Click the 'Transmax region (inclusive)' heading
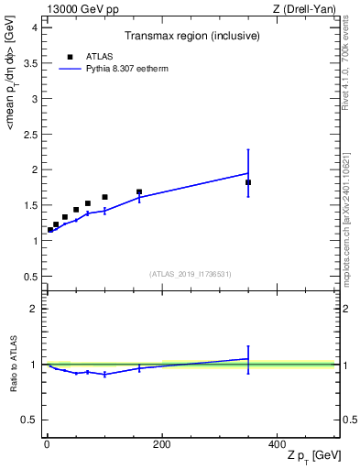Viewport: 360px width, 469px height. point(191,37)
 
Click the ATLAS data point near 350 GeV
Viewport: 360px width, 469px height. point(248,182)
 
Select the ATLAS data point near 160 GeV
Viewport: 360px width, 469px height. point(139,192)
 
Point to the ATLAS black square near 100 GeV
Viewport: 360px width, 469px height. point(104,197)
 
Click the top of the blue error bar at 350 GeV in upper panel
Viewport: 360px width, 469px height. point(248,149)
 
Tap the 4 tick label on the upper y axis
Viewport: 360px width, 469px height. point(34,27)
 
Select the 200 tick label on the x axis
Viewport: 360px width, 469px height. point(162,444)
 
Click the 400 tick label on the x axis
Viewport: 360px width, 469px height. point(277,444)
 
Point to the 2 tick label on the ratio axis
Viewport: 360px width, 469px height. point(34,309)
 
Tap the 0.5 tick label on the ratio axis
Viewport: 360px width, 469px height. point(30,420)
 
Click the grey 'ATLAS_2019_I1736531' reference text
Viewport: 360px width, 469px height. point(191,274)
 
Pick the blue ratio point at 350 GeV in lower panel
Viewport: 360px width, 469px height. point(248,359)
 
